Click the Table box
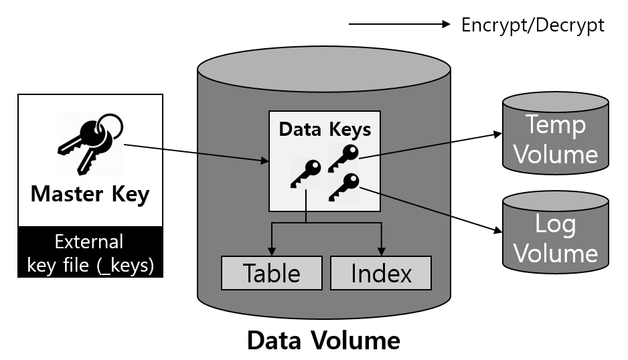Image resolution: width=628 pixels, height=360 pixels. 271,273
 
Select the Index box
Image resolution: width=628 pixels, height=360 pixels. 381,273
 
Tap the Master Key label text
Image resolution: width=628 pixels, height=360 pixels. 90,194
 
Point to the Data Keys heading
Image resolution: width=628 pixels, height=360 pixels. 325,128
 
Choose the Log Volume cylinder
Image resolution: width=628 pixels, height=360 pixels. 556,231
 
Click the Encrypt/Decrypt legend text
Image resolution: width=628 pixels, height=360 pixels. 533,25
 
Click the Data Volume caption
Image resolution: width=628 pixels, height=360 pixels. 323,341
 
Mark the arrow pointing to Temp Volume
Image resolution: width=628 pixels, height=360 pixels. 428,145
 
